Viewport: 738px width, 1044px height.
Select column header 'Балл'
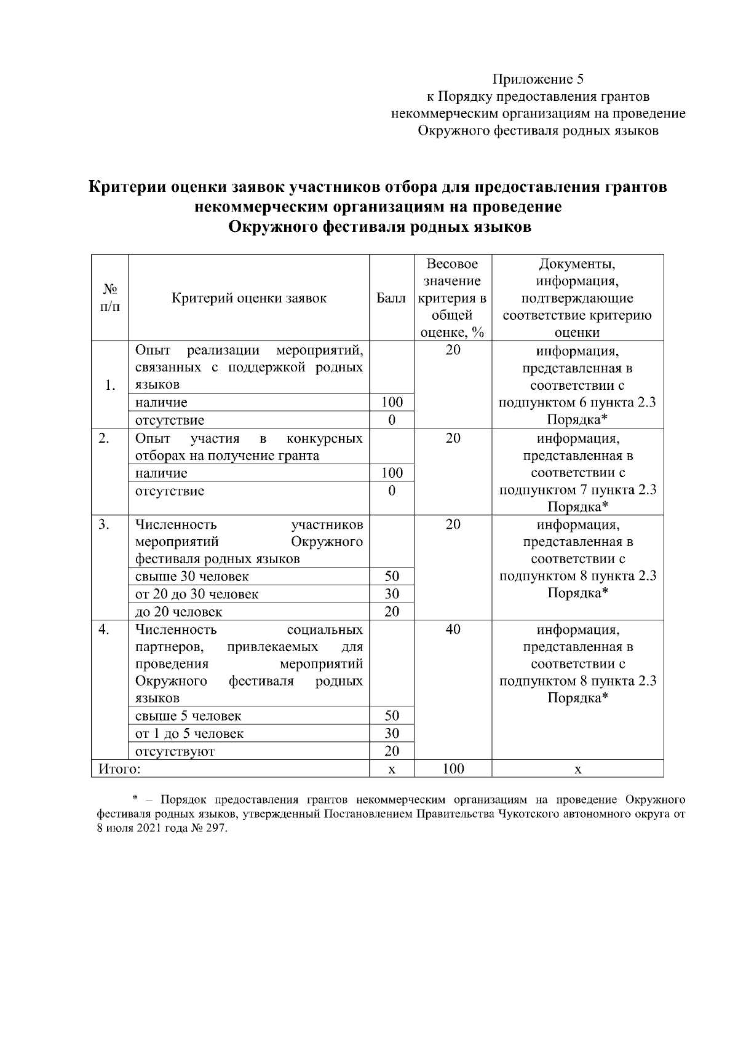(391, 298)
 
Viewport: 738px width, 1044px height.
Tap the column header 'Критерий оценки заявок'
(249, 298)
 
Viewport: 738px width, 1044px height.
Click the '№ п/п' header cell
(109, 298)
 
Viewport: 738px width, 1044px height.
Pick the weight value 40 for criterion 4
(453, 630)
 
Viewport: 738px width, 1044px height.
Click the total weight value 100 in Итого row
(453, 769)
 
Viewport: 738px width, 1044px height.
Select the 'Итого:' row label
(116, 769)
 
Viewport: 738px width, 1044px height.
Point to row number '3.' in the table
(104, 524)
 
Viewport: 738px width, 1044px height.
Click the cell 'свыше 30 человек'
(192, 577)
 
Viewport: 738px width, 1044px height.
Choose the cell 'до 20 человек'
(178, 612)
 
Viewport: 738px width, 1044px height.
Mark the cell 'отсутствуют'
(175, 751)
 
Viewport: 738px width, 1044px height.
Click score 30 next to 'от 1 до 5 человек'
(392, 734)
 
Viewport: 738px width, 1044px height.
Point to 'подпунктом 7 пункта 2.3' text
(577, 490)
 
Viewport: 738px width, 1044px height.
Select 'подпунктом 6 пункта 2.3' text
(577, 403)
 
